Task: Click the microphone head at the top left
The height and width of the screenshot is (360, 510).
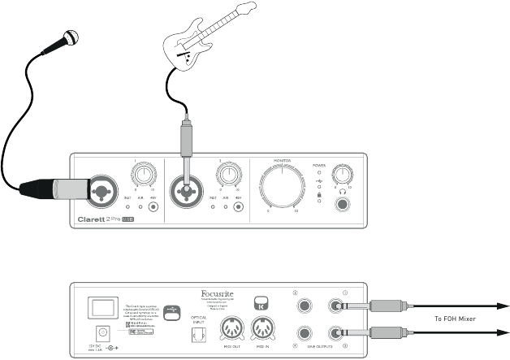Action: pyautogui.click(x=70, y=37)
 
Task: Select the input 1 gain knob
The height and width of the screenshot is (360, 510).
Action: pyautogui.click(x=145, y=173)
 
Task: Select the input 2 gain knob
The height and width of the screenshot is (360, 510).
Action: pyautogui.click(x=225, y=173)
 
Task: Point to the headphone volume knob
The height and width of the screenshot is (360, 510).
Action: pyautogui.click(x=345, y=174)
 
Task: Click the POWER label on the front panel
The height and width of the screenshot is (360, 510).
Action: pyautogui.click(x=319, y=165)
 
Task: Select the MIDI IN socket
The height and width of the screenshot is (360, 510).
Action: pyautogui.click(x=264, y=329)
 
